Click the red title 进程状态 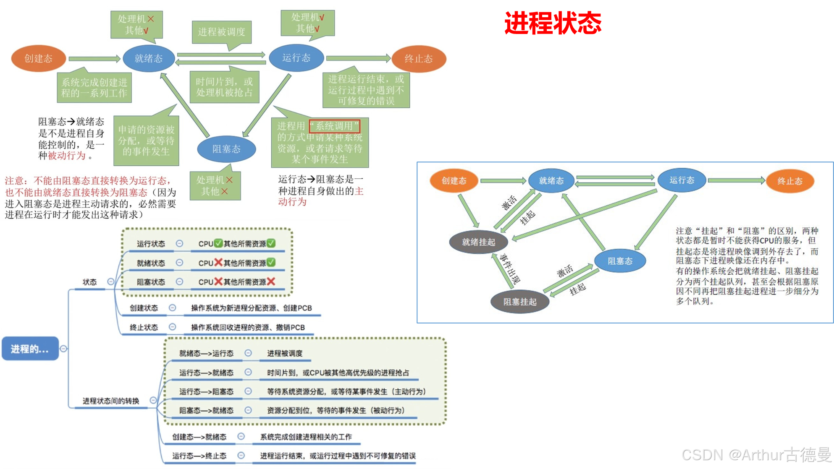553,23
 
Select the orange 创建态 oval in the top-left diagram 38,58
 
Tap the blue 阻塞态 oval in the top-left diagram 226,149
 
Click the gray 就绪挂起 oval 478,242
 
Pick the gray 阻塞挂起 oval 520,302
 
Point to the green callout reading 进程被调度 221,32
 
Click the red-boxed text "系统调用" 335,126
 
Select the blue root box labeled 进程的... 30,349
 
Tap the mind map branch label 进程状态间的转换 111,401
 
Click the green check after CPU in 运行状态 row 218,243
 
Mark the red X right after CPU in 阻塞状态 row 218,281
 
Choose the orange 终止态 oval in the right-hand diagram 789,181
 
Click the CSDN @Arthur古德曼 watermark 755,454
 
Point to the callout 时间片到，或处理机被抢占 224,87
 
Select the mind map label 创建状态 144,308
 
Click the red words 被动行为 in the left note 67,156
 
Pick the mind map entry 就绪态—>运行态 206,353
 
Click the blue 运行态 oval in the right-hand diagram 682,180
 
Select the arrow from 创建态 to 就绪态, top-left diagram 94,59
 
